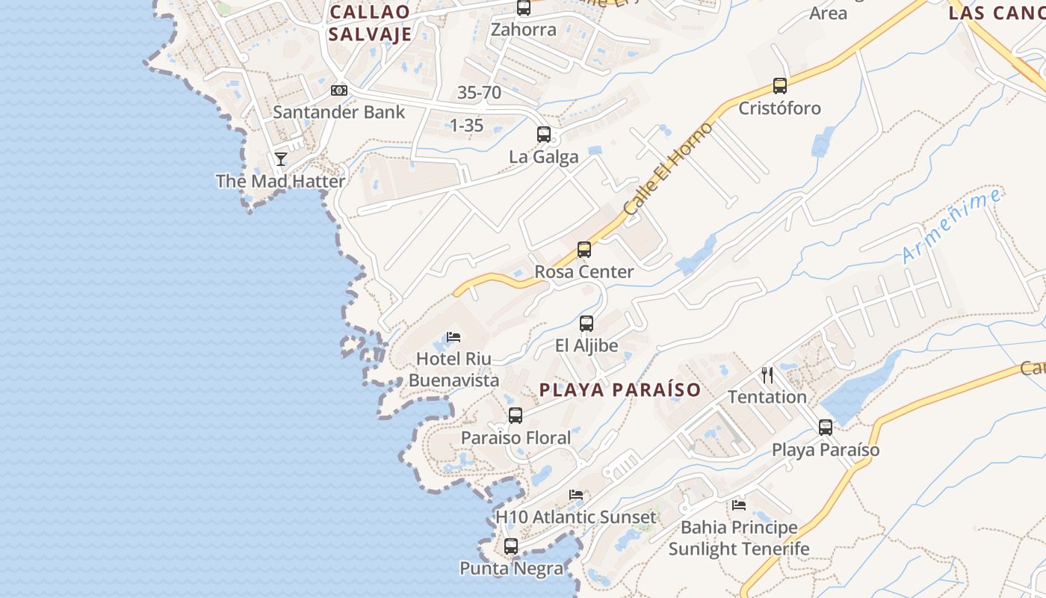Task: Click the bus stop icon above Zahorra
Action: [524, 7]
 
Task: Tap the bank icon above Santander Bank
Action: [339, 90]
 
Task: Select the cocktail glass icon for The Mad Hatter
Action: [281, 158]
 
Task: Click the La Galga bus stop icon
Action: [544, 135]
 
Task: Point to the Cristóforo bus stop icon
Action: [780, 86]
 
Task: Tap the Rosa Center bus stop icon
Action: [584, 250]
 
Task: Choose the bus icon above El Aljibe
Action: [587, 324]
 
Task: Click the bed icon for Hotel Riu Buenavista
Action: [454, 337]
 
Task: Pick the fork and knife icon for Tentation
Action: [767, 374]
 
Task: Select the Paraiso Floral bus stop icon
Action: [516, 416]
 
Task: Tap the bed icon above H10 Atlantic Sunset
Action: [576, 495]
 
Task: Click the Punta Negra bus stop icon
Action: [511, 546]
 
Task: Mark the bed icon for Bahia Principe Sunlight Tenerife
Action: [739, 505]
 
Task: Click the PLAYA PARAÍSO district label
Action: [620, 390]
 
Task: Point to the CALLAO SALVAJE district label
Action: [370, 23]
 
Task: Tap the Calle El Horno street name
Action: [668, 170]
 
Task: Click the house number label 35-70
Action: [479, 93]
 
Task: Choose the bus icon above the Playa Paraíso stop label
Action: [826, 428]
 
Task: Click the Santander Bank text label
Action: [338, 112]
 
